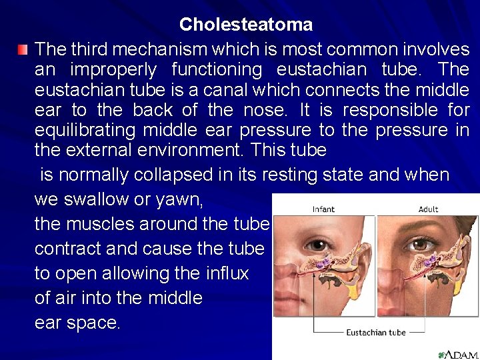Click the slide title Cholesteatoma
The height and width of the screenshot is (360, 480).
click(x=245, y=25)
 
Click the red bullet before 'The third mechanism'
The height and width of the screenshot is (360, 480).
click(x=23, y=49)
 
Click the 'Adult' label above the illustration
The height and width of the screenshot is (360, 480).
click(x=428, y=209)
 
